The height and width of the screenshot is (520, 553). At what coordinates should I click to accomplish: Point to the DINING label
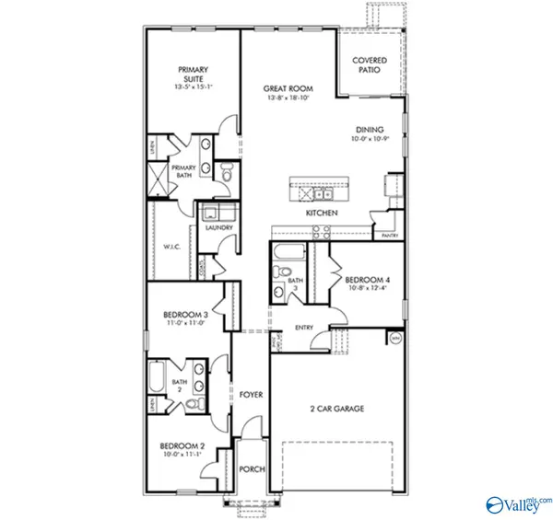click(x=370, y=130)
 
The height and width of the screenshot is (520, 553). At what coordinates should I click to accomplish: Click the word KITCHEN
click(x=322, y=214)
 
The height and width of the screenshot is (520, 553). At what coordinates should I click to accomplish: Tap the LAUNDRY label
click(x=218, y=227)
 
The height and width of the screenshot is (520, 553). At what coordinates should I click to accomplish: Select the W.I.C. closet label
click(x=171, y=246)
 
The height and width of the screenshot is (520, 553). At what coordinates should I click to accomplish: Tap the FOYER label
click(x=252, y=395)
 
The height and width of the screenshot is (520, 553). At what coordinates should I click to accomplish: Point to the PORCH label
click(x=252, y=468)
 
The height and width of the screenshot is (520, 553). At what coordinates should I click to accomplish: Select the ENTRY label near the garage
click(x=303, y=328)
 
